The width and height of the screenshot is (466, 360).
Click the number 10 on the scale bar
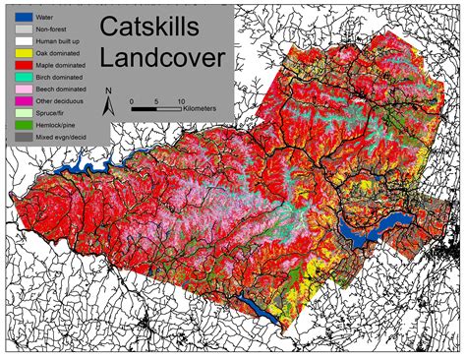181,100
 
